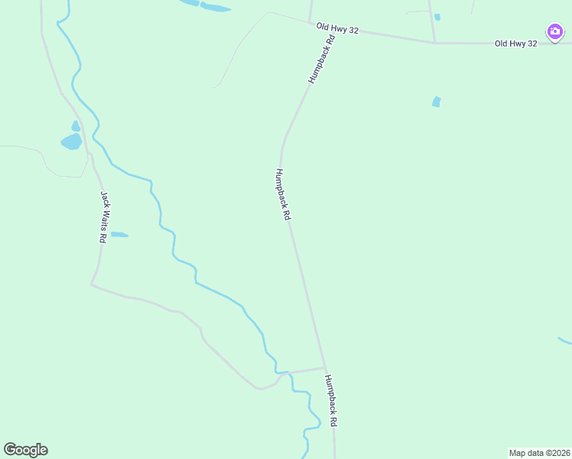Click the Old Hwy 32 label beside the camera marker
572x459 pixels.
point(515,44)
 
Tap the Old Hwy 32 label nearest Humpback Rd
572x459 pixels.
point(338,27)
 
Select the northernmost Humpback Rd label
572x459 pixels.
point(321,59)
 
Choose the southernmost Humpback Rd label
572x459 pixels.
point(330,401)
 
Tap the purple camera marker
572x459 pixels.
point(555,32)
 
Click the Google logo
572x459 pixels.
point(25,450)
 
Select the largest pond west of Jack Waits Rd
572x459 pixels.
point(71,142)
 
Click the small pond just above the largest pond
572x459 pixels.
point(75,126)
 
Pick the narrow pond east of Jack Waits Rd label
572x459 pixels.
point(119,235)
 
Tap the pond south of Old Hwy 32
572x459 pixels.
point(436,101)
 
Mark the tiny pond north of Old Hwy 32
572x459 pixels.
point(437,17)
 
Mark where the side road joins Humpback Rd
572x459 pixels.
point(325,367)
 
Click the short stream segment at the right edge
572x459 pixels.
point(564,340)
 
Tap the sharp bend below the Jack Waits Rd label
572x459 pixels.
point(91,284)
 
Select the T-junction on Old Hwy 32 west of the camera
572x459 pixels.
point(434,42)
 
